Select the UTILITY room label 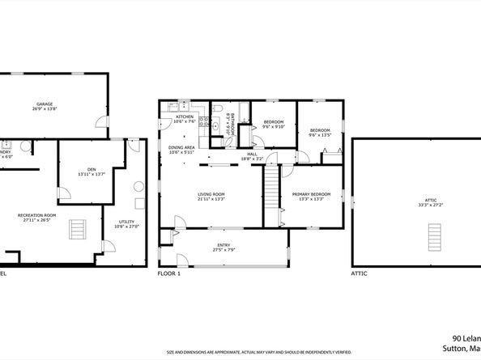tap(126, 222)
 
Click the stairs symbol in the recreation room tap(77, 230)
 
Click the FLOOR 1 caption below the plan tap(169, 274)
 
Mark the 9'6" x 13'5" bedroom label tap(320, 133)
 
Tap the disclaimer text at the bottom tap(259, 352)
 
